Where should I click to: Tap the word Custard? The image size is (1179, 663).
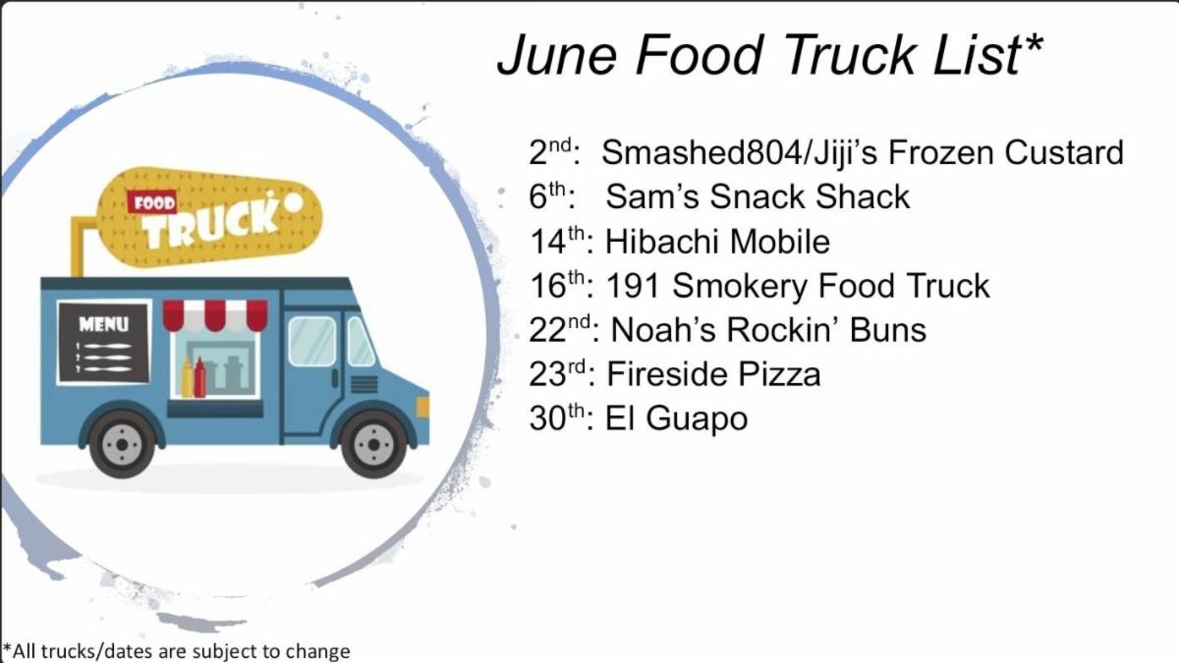(x=1064, y=152)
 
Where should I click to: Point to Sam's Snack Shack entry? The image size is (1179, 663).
(x=758, y=196)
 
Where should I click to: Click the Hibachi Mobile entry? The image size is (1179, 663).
(x=717, y=242)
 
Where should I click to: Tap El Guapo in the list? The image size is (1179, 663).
(x=676, y=419)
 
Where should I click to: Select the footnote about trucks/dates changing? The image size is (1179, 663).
(x=176, y=651)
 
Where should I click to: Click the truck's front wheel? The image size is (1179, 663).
(x=373, y=445)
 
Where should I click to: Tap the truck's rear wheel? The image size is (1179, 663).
(x=122, y=445)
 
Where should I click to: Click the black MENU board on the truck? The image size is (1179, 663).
(x=104, y=342)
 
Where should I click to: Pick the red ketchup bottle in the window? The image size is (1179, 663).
(x=199, y=377)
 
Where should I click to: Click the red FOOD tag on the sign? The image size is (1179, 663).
(x=152, y=202)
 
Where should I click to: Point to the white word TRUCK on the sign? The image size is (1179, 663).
(x=210, y=225)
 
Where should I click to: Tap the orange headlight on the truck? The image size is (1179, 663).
(x=423, y=408)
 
